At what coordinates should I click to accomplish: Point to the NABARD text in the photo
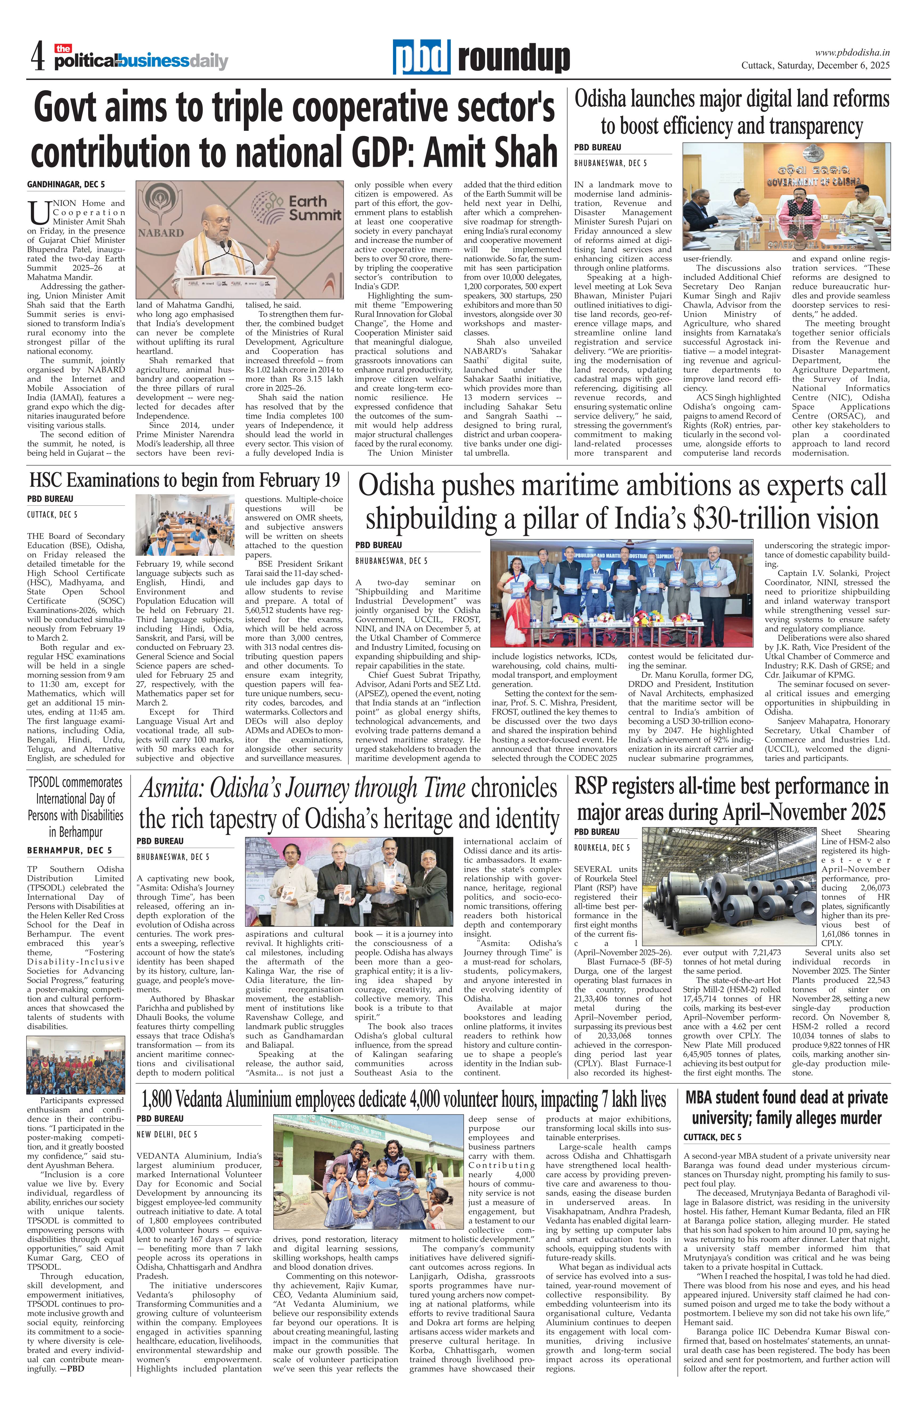[x=161, y=233]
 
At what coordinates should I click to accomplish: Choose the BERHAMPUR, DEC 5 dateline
[x=69, y=850]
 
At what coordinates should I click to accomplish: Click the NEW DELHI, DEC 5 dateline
[x=167, y=1134]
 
